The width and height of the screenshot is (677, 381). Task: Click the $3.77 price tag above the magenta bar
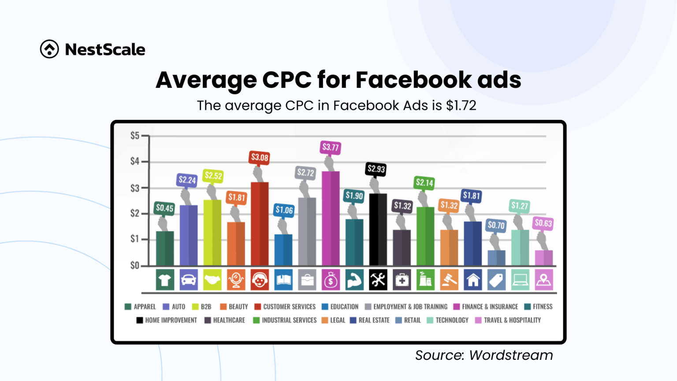click(331, 147)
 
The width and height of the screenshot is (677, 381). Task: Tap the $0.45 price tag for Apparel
click(164, 208)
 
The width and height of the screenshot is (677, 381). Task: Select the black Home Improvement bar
click(378, 229)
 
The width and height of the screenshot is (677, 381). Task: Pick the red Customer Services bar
click(260, 224)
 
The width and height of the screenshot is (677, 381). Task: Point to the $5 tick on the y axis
click(134, 136)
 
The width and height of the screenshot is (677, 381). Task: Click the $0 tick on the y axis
click(134, 265)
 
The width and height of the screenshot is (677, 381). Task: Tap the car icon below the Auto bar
click(189, 280)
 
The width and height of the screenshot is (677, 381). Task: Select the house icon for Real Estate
click(473, 280)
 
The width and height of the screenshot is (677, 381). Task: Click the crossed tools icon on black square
click(378, 280)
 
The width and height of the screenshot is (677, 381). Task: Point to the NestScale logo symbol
click(49, 49)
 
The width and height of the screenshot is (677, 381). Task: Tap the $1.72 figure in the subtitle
click(461, 106)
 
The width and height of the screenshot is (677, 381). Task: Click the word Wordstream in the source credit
click(511, 355)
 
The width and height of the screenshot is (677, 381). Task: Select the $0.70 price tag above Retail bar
click(496, 225)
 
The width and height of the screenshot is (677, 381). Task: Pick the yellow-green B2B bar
click(212, 232)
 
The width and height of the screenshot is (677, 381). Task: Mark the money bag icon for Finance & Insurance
click(331, 280)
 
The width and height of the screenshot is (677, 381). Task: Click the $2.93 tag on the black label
click(376, 169)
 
